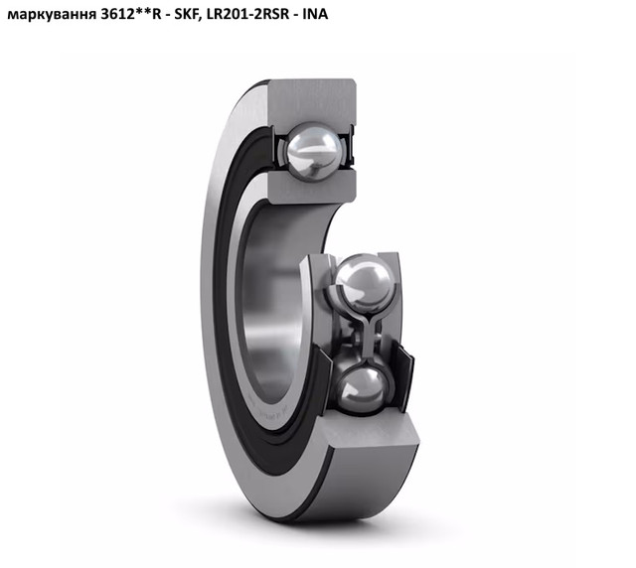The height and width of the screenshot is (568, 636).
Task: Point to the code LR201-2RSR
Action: click(x=247, y=14)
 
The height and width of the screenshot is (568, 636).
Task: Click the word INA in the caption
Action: click(x=315, y=14)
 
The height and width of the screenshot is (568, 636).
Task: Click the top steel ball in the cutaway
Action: click(x=313, y=152)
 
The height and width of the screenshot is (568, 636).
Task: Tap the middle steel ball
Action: click(x=365, y=283)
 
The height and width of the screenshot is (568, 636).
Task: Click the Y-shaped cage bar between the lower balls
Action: click(x=369, y=334)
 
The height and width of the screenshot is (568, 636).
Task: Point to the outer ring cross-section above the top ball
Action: click(x=311, y=101)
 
